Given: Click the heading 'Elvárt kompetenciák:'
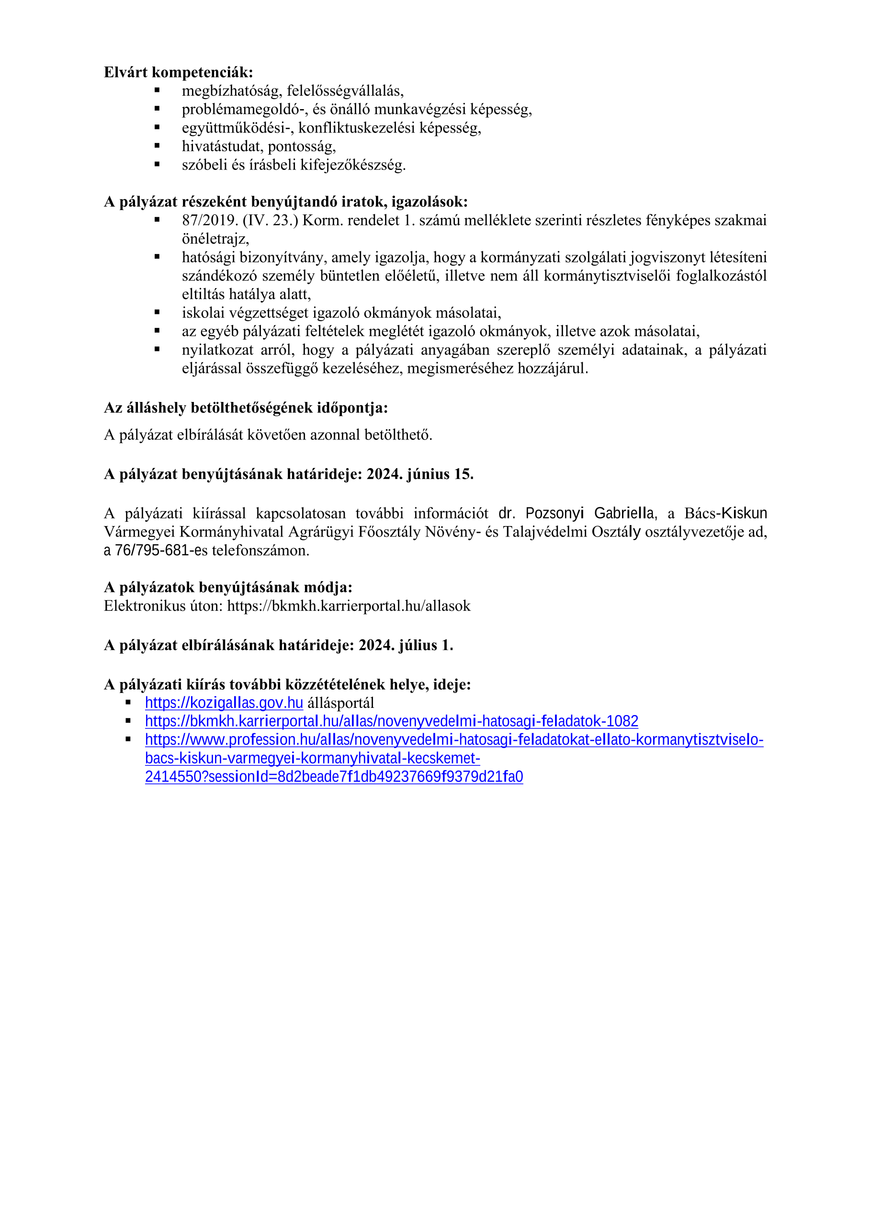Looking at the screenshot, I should [178, 72].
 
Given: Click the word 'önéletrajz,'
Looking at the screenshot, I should [215, 239].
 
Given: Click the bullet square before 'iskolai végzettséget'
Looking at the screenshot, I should [157, 312].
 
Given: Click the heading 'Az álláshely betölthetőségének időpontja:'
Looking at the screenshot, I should [246, 408].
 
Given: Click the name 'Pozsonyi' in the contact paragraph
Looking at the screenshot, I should [554, 514].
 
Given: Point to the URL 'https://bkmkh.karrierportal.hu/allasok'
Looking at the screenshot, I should [349, 606].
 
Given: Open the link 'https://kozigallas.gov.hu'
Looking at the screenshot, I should [224, 703].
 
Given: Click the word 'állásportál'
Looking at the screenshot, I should [340, 703].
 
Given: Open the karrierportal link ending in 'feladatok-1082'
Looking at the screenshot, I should [392, 722].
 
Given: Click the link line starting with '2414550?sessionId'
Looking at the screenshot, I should [334, 777].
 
